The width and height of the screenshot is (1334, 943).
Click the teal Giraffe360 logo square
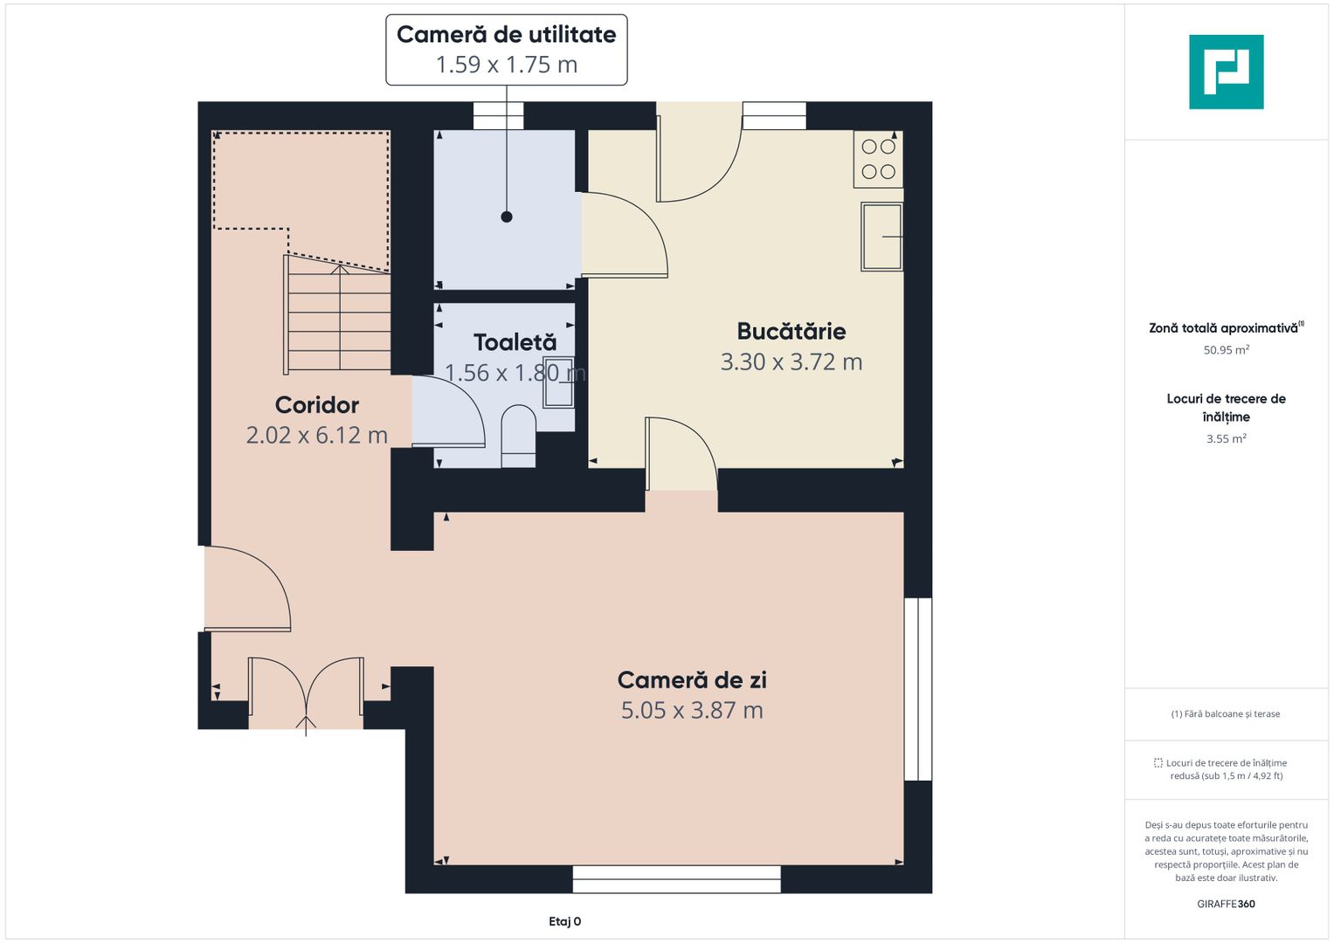[x=1226, y=72]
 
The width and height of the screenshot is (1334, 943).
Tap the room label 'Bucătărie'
[x=791, y=332]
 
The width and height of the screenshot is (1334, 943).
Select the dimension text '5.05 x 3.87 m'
[x=692, y=711]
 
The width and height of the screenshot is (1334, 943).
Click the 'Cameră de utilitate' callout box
[x=507, y=50]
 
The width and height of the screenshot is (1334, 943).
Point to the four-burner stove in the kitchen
[x=878, y=159]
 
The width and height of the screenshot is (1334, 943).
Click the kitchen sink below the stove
[x=881, y=237]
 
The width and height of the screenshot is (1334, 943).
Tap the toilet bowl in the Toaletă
[x=518, y=434]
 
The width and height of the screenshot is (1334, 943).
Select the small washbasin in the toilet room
[x=558, y=382]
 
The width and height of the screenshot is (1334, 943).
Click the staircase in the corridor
[x=339, y=314]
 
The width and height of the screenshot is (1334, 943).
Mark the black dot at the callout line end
[x=507, y=217]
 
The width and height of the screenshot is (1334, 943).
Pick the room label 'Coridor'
[x=317, y=405]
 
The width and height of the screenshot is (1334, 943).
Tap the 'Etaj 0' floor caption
[x=564, y=921]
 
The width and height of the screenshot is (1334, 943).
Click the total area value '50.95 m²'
[x=1226, y=350]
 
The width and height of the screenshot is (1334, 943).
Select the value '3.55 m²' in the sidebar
[x=1226, y=439]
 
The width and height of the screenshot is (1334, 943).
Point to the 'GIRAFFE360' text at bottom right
[x=1226, y=904]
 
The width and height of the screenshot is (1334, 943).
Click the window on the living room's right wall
[x=917, y=689]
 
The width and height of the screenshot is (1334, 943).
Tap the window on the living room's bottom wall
[x=676, y=879]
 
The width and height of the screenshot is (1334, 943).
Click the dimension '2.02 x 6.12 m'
[x=317, y=435]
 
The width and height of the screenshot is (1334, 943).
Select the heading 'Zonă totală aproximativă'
[x=1223, y=328]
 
